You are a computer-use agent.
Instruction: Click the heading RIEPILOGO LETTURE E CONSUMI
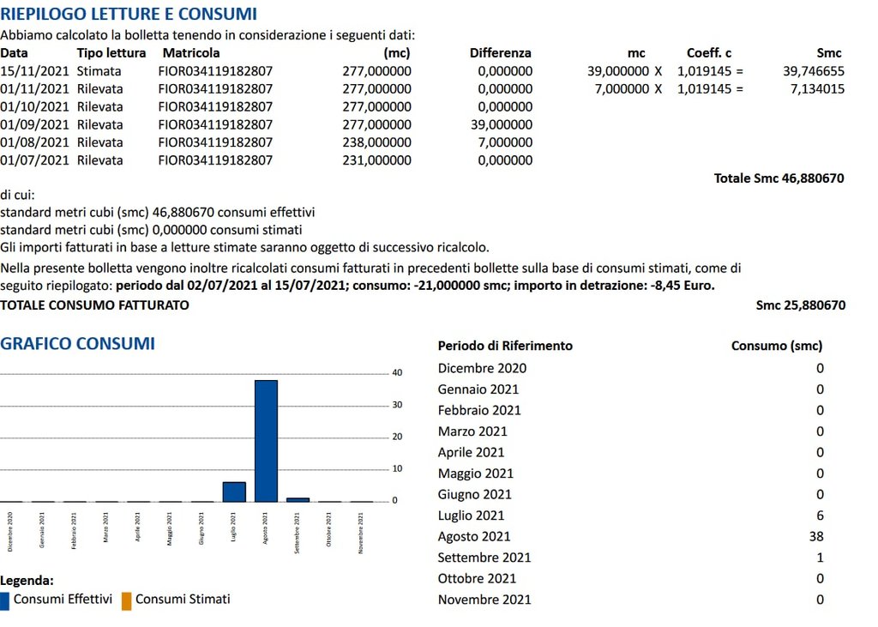(129, 15)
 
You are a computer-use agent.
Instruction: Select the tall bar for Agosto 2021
(266, 440)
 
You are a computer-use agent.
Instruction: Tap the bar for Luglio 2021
(234, 491)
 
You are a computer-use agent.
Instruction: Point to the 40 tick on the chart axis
(397, 373)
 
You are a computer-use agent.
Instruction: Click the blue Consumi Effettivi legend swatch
(5, 600)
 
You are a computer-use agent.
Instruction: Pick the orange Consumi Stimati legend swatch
(126, 600)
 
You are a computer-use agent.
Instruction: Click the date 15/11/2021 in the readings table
(34, 71)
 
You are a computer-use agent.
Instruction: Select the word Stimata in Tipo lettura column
(99, 71)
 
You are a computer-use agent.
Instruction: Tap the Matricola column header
(191, 53)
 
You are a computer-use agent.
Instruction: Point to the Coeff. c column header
(709, 53)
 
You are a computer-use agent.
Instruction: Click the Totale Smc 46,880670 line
(779, 178)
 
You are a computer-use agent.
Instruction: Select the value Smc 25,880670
(800, 305)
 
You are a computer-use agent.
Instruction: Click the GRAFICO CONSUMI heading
(78, 344)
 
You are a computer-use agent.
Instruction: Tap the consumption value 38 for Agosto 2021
(815, 537)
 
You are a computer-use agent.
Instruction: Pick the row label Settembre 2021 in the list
(484, 558)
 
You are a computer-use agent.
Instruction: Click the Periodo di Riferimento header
(505, 347)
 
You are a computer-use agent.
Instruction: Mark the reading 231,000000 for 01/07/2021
(376, 160)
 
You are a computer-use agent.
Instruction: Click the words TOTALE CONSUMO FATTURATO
(95, 305)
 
